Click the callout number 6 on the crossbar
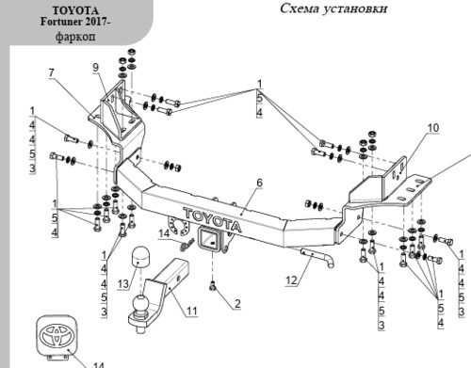(259, 183)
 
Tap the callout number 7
(52, 73)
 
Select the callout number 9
(96, 68)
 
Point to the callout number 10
(433, 128)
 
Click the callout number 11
(192, 311)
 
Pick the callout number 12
(291, 280)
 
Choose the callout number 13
(123, 284)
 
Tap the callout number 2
(237, 304)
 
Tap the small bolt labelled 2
(213, 285)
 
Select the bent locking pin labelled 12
(317, 258)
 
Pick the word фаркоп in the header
(75, 37)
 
